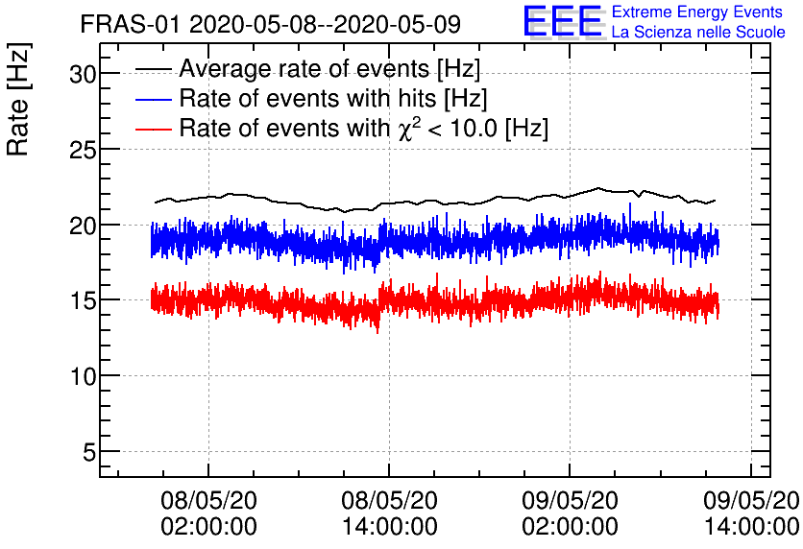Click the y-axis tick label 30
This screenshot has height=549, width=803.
[x=83, y=74]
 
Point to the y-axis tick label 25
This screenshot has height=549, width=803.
[x=83, y=150]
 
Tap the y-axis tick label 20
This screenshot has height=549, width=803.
[x=83, y=225]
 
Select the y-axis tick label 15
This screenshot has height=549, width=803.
[x=83, y=300]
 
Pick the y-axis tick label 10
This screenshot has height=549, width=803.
[x=83, y=375]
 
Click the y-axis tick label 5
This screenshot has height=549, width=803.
[x=88, y=451]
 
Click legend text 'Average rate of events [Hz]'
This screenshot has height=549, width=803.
[x=329, y=69]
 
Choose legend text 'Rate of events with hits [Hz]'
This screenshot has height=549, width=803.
[x=333, y=99]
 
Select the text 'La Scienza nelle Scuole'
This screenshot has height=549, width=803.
[x=698, y=33]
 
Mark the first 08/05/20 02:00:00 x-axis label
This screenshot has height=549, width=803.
[x=209, y=513]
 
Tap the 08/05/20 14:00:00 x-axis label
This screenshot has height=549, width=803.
[x=390, y=513]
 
